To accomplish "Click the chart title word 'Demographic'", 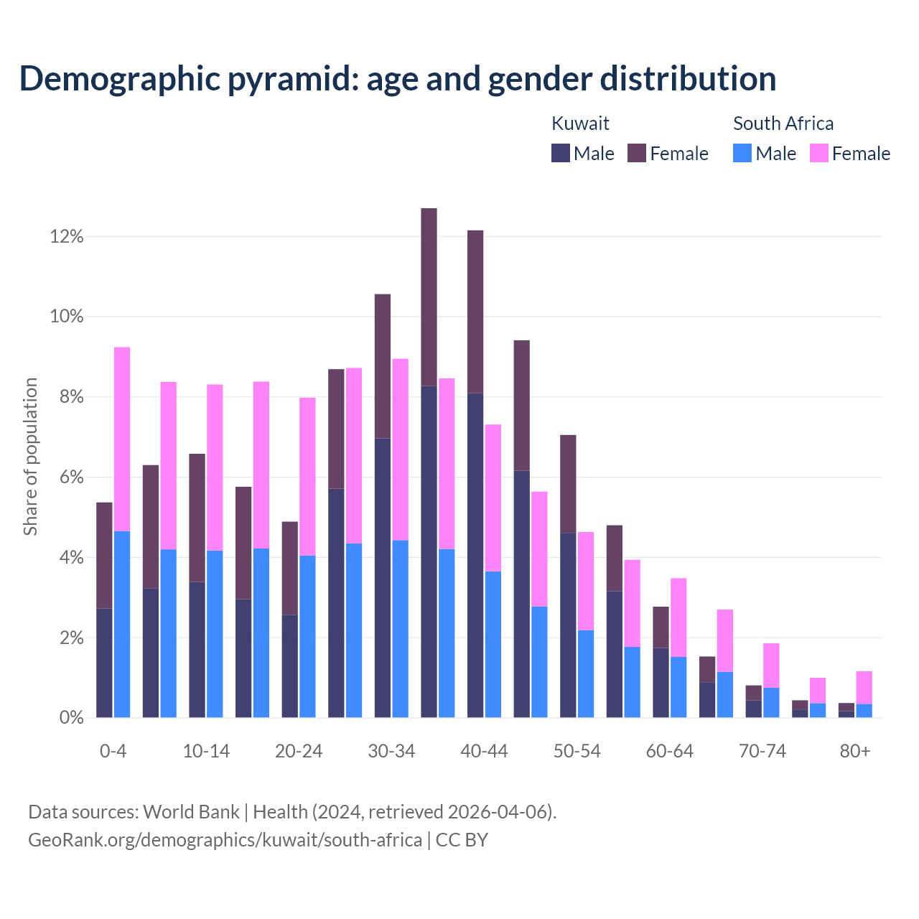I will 118,78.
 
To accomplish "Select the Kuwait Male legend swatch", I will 561,153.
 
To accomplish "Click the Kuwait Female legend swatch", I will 637,153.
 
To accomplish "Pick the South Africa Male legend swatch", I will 742,153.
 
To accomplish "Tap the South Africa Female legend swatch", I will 819,153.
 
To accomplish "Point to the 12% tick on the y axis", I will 67,236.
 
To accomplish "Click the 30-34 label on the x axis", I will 391,751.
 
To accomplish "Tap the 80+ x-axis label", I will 855,751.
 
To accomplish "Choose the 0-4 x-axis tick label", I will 113,751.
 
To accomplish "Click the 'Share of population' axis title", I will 30,457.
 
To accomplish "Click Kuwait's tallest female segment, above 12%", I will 429,297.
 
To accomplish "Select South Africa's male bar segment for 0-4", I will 122,624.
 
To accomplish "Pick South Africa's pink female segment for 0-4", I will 122,439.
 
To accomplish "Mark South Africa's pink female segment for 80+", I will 864,687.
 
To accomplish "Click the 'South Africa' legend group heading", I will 783,123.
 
